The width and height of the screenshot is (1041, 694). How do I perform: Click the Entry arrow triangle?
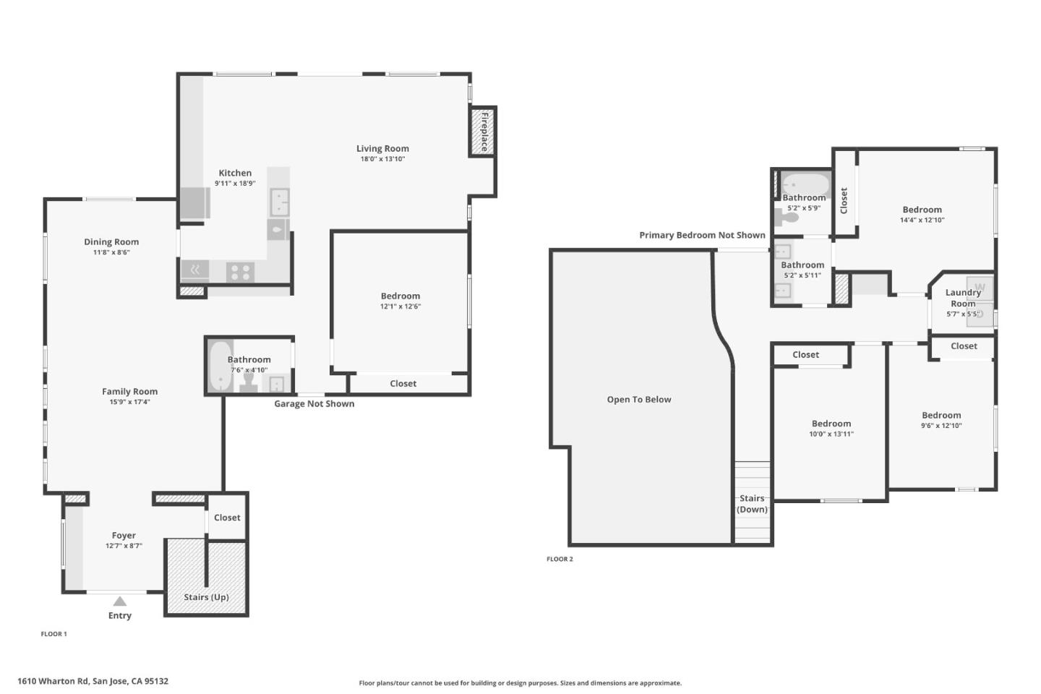tap(120, 601)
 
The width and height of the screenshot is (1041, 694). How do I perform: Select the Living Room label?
tap(382, 149)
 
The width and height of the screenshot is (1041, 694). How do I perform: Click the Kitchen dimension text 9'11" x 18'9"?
tap(235, 184)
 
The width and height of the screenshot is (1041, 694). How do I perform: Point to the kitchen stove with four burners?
tap(240, 272)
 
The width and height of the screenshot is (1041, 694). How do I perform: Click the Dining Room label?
tap(111, 242)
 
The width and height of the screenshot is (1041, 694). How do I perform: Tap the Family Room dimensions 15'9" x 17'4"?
tap(129, 402)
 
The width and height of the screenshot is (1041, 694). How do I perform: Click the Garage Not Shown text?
tap(314, 404)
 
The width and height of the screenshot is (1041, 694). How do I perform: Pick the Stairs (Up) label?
tap(206, 597)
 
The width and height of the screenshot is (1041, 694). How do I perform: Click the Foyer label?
tap(124, 536)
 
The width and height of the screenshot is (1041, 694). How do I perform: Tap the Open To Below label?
tap(639, 400)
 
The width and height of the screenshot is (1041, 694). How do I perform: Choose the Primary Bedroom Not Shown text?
tap(702, 236)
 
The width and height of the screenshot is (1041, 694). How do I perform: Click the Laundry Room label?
tap(963, 298)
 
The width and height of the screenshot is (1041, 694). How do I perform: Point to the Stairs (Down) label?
tap(752, 504)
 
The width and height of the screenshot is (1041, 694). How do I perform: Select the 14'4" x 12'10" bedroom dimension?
tap(922, 220)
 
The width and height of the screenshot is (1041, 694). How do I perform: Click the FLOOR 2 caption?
tap(560, 559)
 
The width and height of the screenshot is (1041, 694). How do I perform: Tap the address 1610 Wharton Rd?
tap(93, 681)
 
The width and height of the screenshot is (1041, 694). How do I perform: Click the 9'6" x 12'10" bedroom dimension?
tap(941, 426)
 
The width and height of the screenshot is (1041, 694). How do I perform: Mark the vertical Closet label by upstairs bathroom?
tap(844, 200)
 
